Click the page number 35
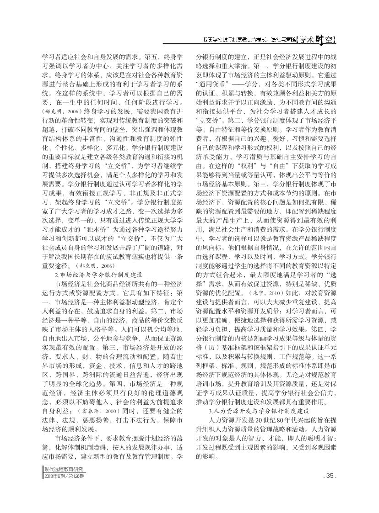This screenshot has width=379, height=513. tap(329, 489)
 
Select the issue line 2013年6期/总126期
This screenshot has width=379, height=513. tap(65, 489)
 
